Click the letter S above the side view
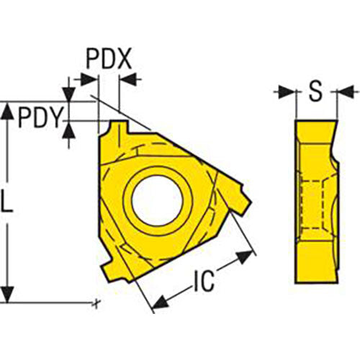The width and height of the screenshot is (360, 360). [x=315, y=91]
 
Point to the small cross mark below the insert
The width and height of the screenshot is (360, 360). [x=96, y=303]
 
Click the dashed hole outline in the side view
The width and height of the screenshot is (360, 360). [x=315, y=194]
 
